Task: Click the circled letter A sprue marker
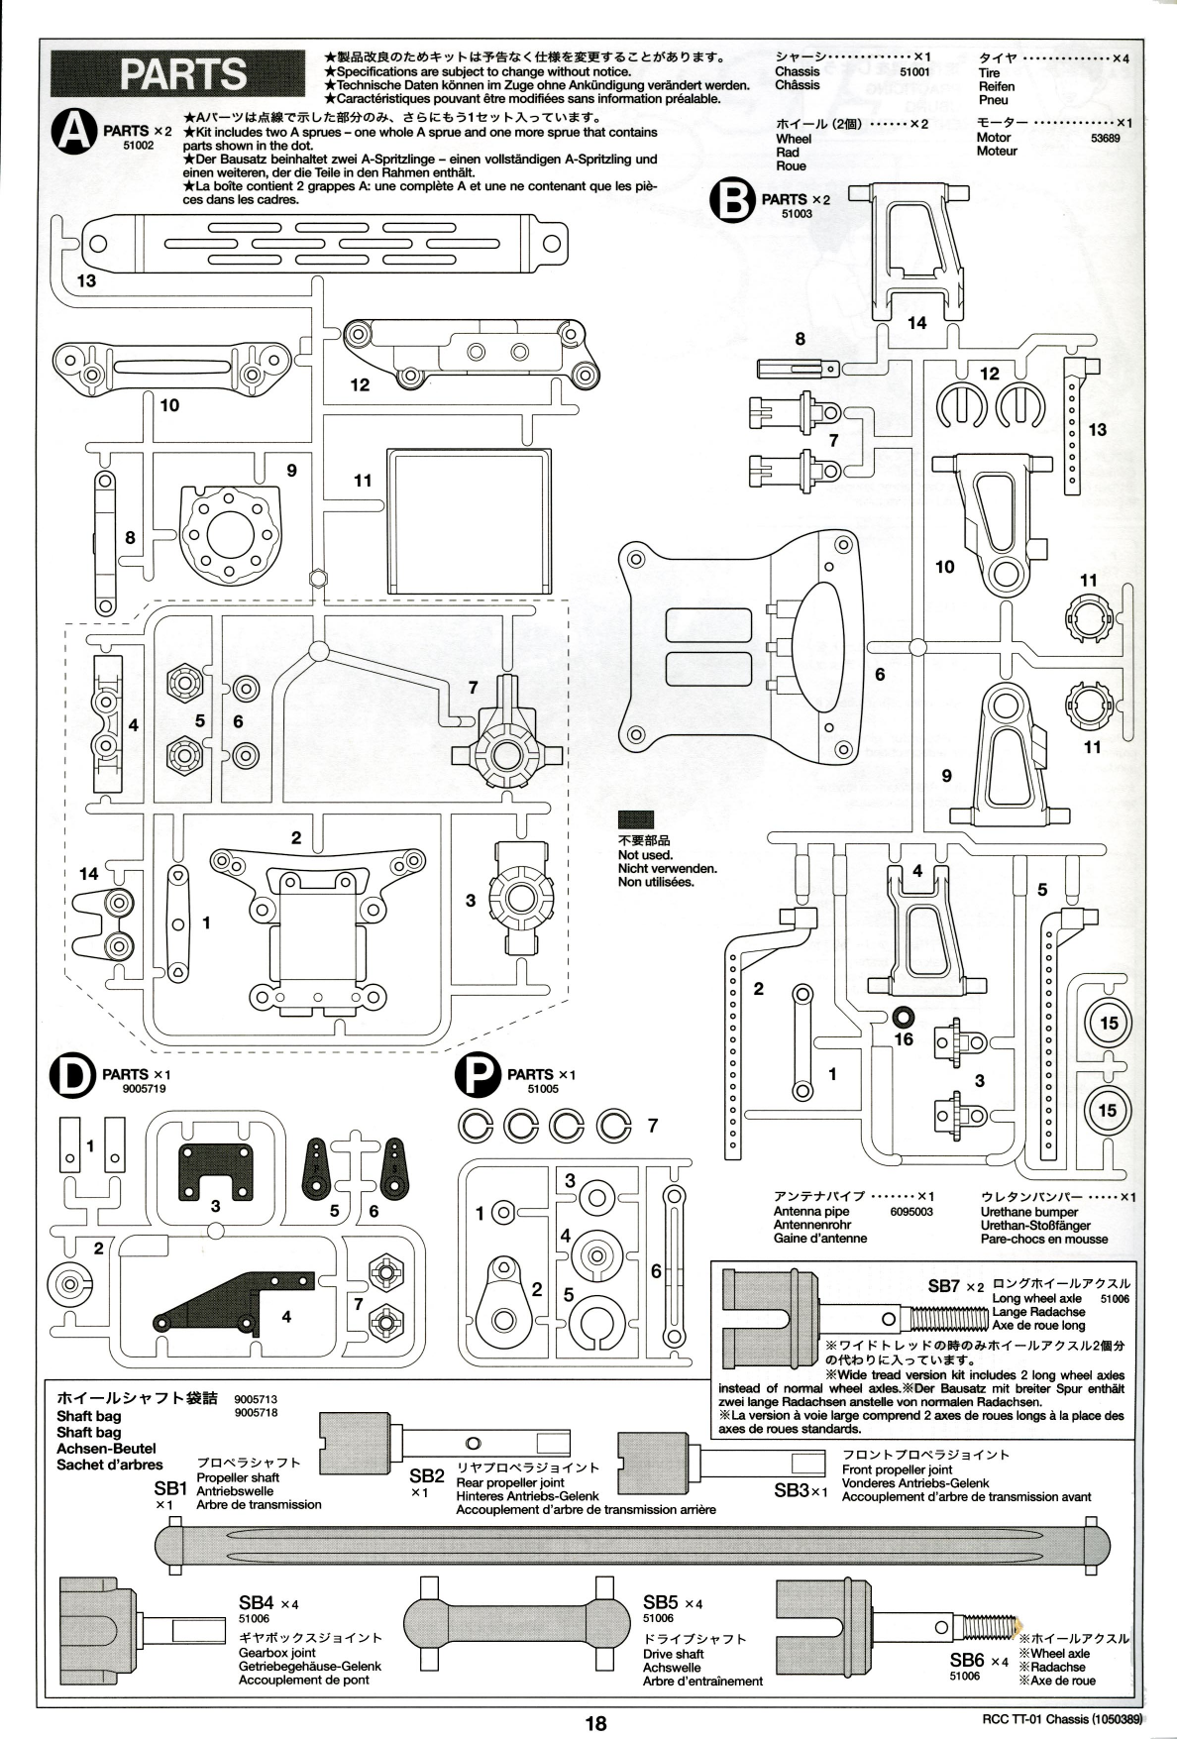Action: pos(76,134)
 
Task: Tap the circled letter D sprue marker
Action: pos(76,1078)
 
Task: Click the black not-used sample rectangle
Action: pos(636,819)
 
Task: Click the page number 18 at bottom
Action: pos(594,1723)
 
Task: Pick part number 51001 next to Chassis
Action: pos(914,72)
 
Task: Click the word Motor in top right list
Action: pos(994,138)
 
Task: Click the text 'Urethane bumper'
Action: pos(1030,1212)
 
